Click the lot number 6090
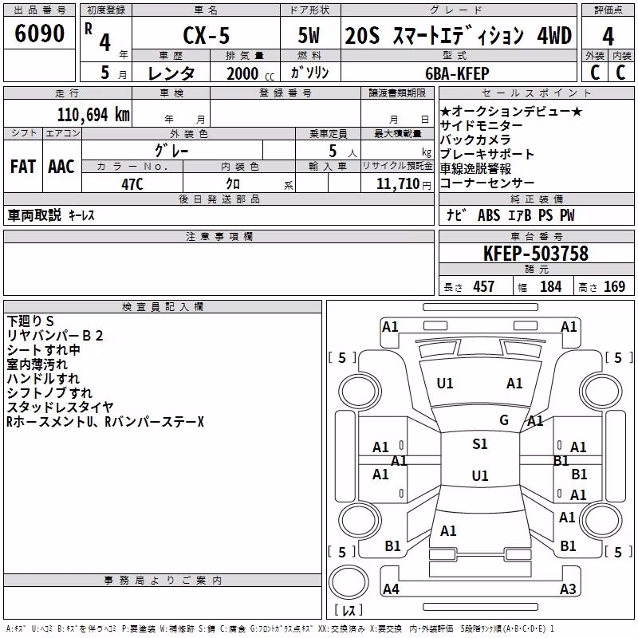39,33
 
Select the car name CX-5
207,35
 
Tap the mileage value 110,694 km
93,114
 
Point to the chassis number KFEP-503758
536,253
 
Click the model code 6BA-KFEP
457,73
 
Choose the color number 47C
132,184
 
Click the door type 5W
309,35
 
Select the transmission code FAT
23,167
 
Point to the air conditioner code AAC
61,167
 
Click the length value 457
484,286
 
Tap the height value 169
614,286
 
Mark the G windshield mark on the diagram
504,419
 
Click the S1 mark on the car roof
480,444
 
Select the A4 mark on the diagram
391,589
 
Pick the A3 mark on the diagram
568,589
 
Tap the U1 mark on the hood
445,384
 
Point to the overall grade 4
608,36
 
